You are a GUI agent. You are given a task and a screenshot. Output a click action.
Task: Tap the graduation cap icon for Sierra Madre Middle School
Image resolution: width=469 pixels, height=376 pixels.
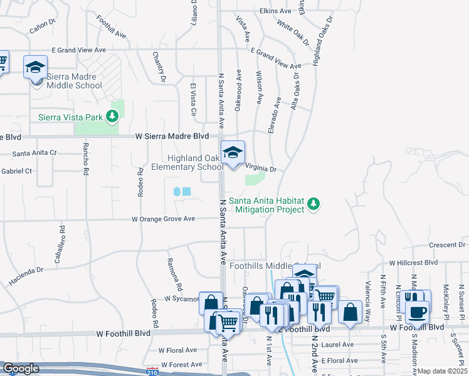35,66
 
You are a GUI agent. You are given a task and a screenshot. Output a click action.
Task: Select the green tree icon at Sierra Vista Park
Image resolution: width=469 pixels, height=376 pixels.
112,116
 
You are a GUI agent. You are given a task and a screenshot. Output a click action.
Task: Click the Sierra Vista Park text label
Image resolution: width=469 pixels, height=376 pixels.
70,117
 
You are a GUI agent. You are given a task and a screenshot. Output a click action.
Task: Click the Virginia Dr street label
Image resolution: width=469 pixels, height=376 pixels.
260,169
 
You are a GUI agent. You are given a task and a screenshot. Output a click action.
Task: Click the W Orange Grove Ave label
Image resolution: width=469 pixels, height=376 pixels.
163,219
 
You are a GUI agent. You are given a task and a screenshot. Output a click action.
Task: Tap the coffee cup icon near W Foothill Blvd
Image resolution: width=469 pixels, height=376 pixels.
418,311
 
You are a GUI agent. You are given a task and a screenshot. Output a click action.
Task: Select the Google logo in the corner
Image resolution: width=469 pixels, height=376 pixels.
20,369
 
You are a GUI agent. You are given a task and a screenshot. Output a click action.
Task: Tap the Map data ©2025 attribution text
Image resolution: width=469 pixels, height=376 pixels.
443,371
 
